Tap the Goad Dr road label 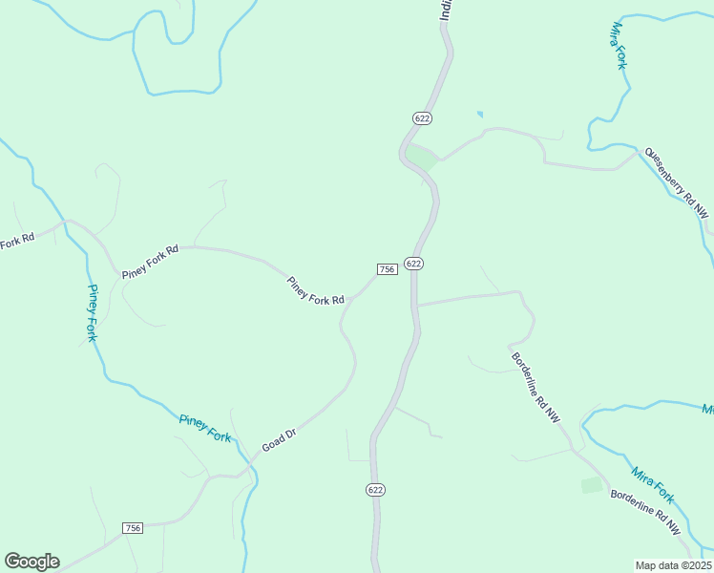280,440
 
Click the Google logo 31,562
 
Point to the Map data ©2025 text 673,565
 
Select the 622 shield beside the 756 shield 413,264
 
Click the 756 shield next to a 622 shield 387,269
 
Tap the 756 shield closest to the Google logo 133,528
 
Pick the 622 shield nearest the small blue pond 423,117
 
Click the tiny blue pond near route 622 479,115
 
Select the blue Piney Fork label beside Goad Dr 205,427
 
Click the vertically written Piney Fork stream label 93,313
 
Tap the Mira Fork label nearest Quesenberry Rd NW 619,45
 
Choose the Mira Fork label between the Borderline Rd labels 653,485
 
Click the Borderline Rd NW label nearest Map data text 647,513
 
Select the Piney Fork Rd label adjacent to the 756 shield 315,290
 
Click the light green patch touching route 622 421,156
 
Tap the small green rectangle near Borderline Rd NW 592,485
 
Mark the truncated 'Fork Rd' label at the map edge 17,241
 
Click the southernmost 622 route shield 375,489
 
